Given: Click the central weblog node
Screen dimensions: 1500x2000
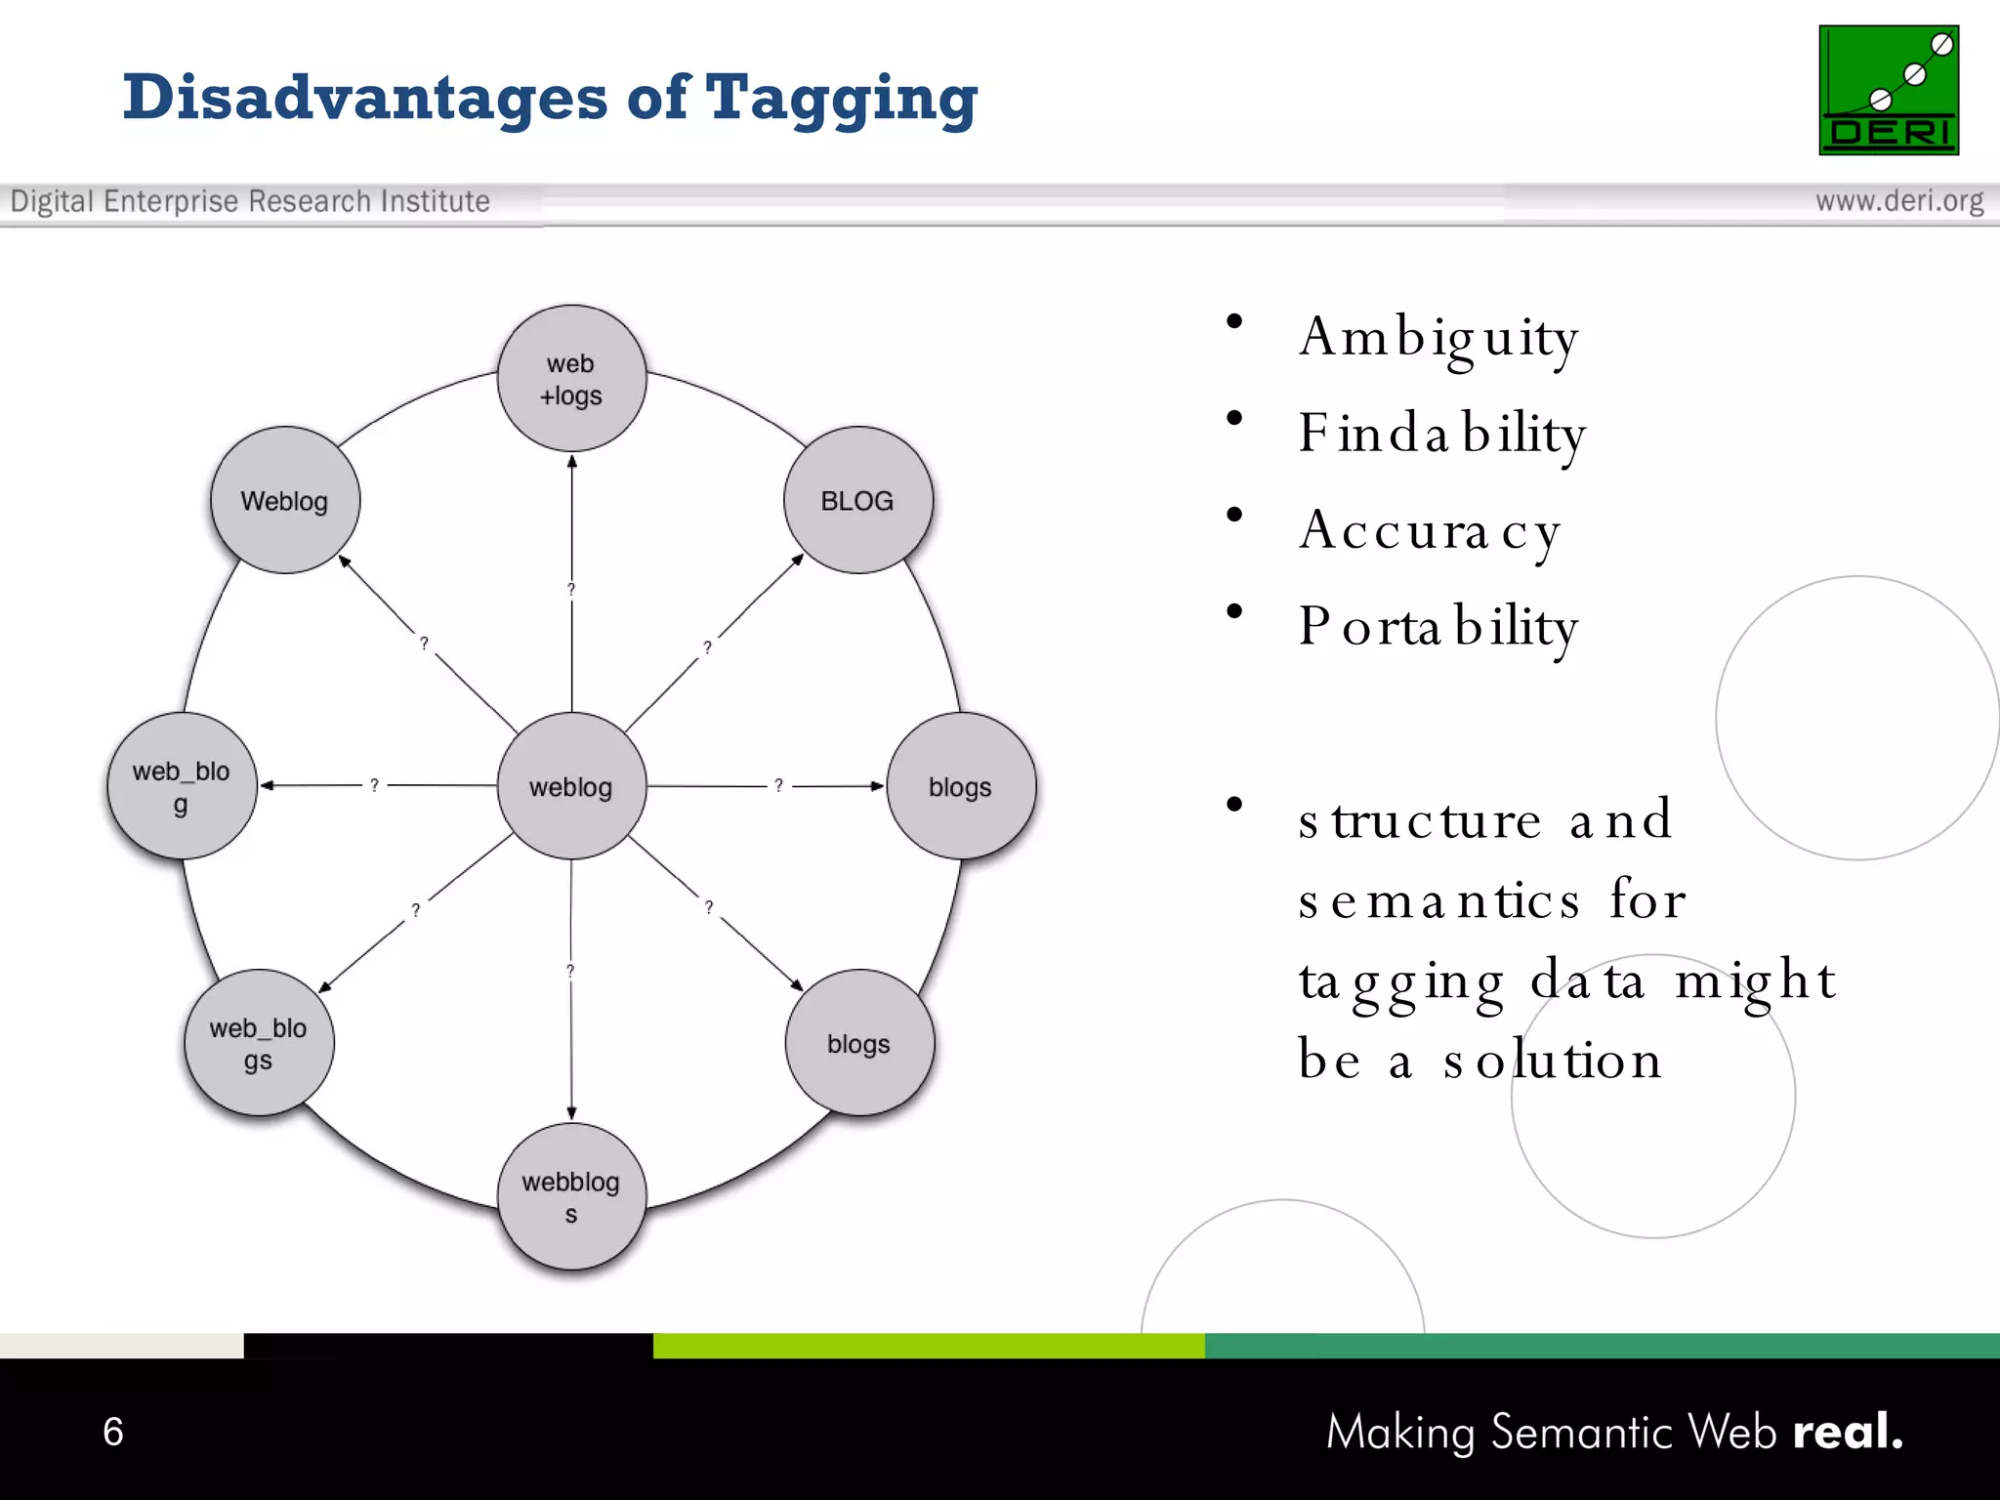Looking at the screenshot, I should pos(571,786).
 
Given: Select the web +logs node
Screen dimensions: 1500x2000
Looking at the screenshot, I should pos(571,379).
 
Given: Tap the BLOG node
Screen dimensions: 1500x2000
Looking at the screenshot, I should pos(857,500).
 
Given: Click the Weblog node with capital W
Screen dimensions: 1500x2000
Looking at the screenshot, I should pos(284,500).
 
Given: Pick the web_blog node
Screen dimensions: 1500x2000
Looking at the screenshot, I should pos(182,786).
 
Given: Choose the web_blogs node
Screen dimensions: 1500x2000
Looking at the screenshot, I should pos(259,1043).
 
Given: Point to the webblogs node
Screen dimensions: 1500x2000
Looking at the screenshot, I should pos(571,1196).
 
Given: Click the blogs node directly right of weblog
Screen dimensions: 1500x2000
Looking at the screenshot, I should pos(961,786).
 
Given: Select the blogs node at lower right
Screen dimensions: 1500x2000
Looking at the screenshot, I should pos(859,1043).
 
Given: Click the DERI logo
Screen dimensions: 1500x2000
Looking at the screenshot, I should pos(1888,90).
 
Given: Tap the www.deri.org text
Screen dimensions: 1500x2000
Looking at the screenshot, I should pos(1898,201).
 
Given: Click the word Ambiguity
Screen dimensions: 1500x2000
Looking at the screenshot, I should pos(1437,338).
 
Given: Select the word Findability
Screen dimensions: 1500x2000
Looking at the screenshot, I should pos(1441,434).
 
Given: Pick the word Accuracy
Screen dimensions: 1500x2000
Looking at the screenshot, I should pos(1430,531).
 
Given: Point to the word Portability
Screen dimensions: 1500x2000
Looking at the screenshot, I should pos(1437,627).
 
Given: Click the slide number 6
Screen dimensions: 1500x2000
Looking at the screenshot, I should pos(113,1432).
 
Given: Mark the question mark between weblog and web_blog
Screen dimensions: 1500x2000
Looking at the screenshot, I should pos(374,785).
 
